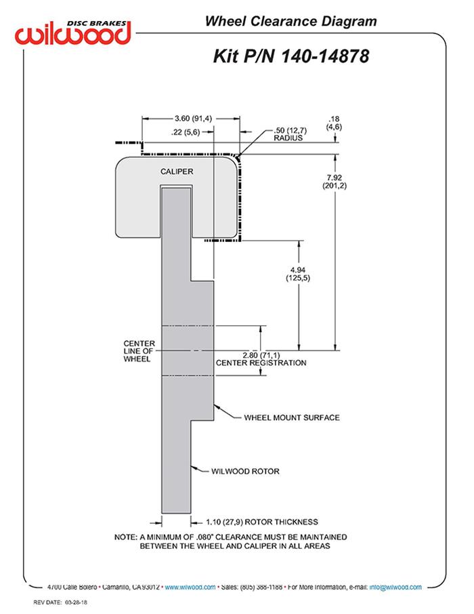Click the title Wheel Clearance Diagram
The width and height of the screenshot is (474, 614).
(290, 22)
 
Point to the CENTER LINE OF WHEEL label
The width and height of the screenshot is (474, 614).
(139, 350)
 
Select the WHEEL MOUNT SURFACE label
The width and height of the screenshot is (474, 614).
(291, 417)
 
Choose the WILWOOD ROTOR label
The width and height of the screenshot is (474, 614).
(245, 471)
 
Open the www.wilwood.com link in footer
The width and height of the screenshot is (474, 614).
(190, 587)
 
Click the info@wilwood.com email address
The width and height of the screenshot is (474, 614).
(395, 587)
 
